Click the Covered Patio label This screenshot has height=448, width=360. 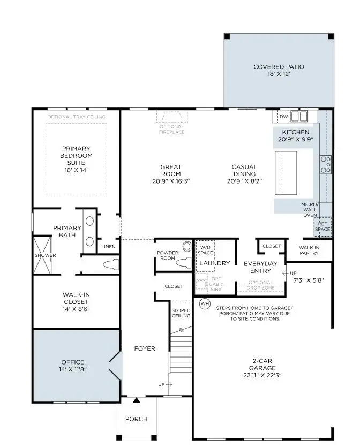(x=278, y=67)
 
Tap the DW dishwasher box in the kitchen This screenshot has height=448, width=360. (x=284, y=116)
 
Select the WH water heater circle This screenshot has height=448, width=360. (x=205, y=303)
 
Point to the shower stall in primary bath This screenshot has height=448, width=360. (x=45, y=255)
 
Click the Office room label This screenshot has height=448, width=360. (x=73, y=362)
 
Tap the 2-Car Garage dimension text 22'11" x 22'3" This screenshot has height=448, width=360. (x=262, y=375)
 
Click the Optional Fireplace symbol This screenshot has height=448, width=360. (x=171, y=118)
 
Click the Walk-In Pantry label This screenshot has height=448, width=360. (x=309, y=250)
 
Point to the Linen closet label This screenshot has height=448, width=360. (x=108, y=247)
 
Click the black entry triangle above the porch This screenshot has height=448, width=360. (x=137, y=400)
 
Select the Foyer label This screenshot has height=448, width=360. (x=144, y=348)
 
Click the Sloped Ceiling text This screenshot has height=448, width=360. (x=181, y=313)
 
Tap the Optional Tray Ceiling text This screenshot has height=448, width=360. (x=76, y=117)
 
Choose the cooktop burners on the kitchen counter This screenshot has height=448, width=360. (x=325, y=164)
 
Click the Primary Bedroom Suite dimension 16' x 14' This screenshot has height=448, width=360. (x=76, y=170)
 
